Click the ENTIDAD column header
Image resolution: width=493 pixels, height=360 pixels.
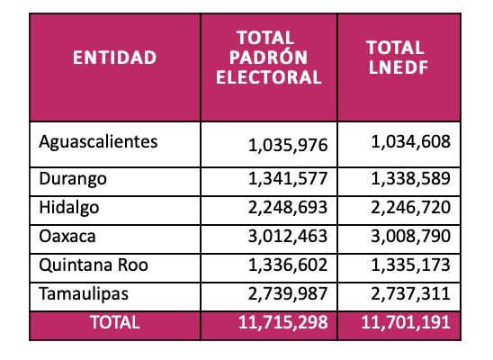tap(115, 58)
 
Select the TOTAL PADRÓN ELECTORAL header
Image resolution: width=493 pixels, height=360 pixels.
tap(268, 58)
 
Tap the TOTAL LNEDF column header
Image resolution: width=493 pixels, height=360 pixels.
tap(399, 58)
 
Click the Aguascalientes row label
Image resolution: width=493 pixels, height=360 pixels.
tap(98, 142)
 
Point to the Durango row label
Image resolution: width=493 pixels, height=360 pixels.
tap(73, 179)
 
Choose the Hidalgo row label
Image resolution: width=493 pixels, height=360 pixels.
tap(69, 208)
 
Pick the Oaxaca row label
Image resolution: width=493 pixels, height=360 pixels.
tap(67, 237)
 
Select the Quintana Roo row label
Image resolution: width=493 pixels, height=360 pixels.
tap(94, 265)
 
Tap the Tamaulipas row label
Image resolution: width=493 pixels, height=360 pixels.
tap(84, 294)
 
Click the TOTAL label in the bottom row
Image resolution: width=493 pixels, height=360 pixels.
tap(115, 322)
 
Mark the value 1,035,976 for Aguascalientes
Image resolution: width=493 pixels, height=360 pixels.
tap(288, 146)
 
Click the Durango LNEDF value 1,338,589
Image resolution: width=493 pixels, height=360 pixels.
tap(410, 178)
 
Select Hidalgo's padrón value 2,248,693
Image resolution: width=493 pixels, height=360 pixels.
tap(288, 208)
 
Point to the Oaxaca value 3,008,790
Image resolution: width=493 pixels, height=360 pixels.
tap(410, 237)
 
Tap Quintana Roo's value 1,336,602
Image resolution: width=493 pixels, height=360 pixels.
tap(288, 265)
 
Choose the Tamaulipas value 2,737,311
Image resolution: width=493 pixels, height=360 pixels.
tap(410, 294)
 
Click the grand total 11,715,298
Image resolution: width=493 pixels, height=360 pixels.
tap(283, 322)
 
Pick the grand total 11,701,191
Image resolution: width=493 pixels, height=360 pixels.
tap(406, 322)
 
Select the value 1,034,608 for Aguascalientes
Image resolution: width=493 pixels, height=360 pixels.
tap(410, 142)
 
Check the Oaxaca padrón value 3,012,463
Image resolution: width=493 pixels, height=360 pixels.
tap(288, 237)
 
